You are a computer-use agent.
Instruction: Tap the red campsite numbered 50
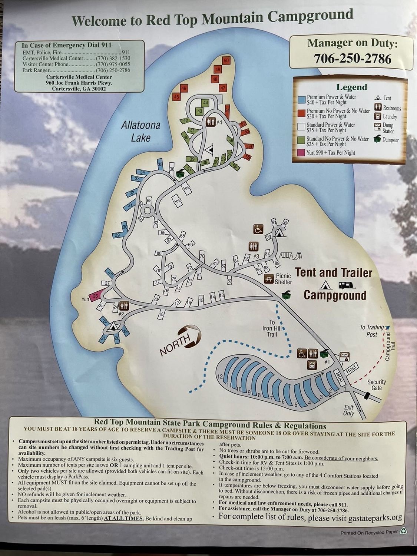[227, 60]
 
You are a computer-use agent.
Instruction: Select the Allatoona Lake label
[141, 131]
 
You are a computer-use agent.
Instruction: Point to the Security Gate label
[377, 385]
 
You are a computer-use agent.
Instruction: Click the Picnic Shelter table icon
[268, 278]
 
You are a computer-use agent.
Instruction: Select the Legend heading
[351, 87]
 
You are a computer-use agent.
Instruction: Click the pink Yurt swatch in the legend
[301, 153]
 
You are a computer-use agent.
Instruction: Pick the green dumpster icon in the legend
[377, 139]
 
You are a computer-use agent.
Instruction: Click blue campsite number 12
[220, 376]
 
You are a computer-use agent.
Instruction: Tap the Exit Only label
[348, 410]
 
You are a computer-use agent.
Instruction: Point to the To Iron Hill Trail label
[272, 328]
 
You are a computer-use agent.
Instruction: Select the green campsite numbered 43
[200, 111]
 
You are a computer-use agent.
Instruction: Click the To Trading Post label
[372, 331]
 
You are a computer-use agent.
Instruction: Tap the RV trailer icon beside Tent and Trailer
[347, 285]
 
